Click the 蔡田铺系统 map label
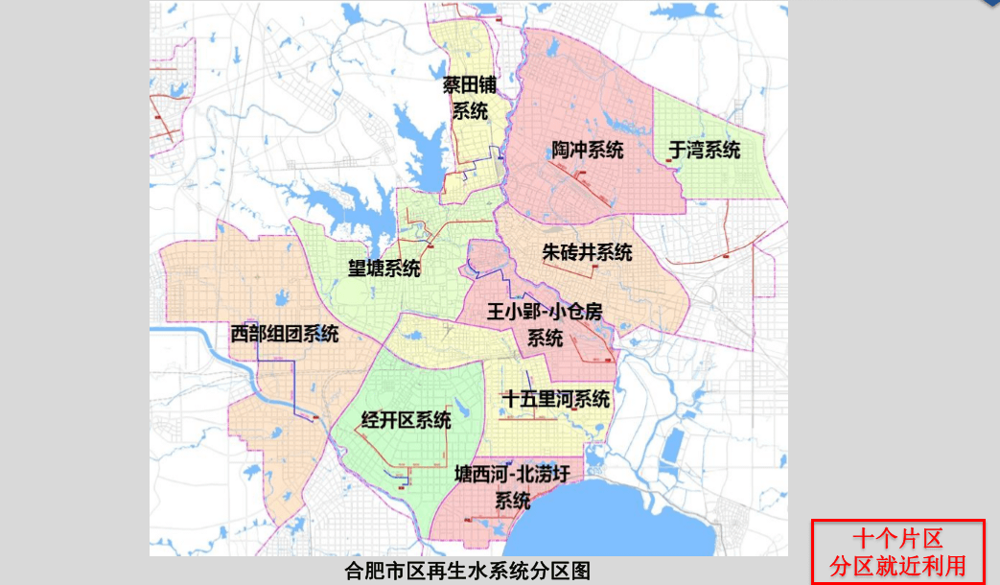pos(470,97)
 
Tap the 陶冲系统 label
pos(587,151)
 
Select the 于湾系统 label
pos(705,150)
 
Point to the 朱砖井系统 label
pos(587,253)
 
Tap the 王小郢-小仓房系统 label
pos(544,324)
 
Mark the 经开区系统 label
pos(406,420)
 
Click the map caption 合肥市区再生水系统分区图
pos(468,572)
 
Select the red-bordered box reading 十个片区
pos(897,550)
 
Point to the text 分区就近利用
pos(897,565)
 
